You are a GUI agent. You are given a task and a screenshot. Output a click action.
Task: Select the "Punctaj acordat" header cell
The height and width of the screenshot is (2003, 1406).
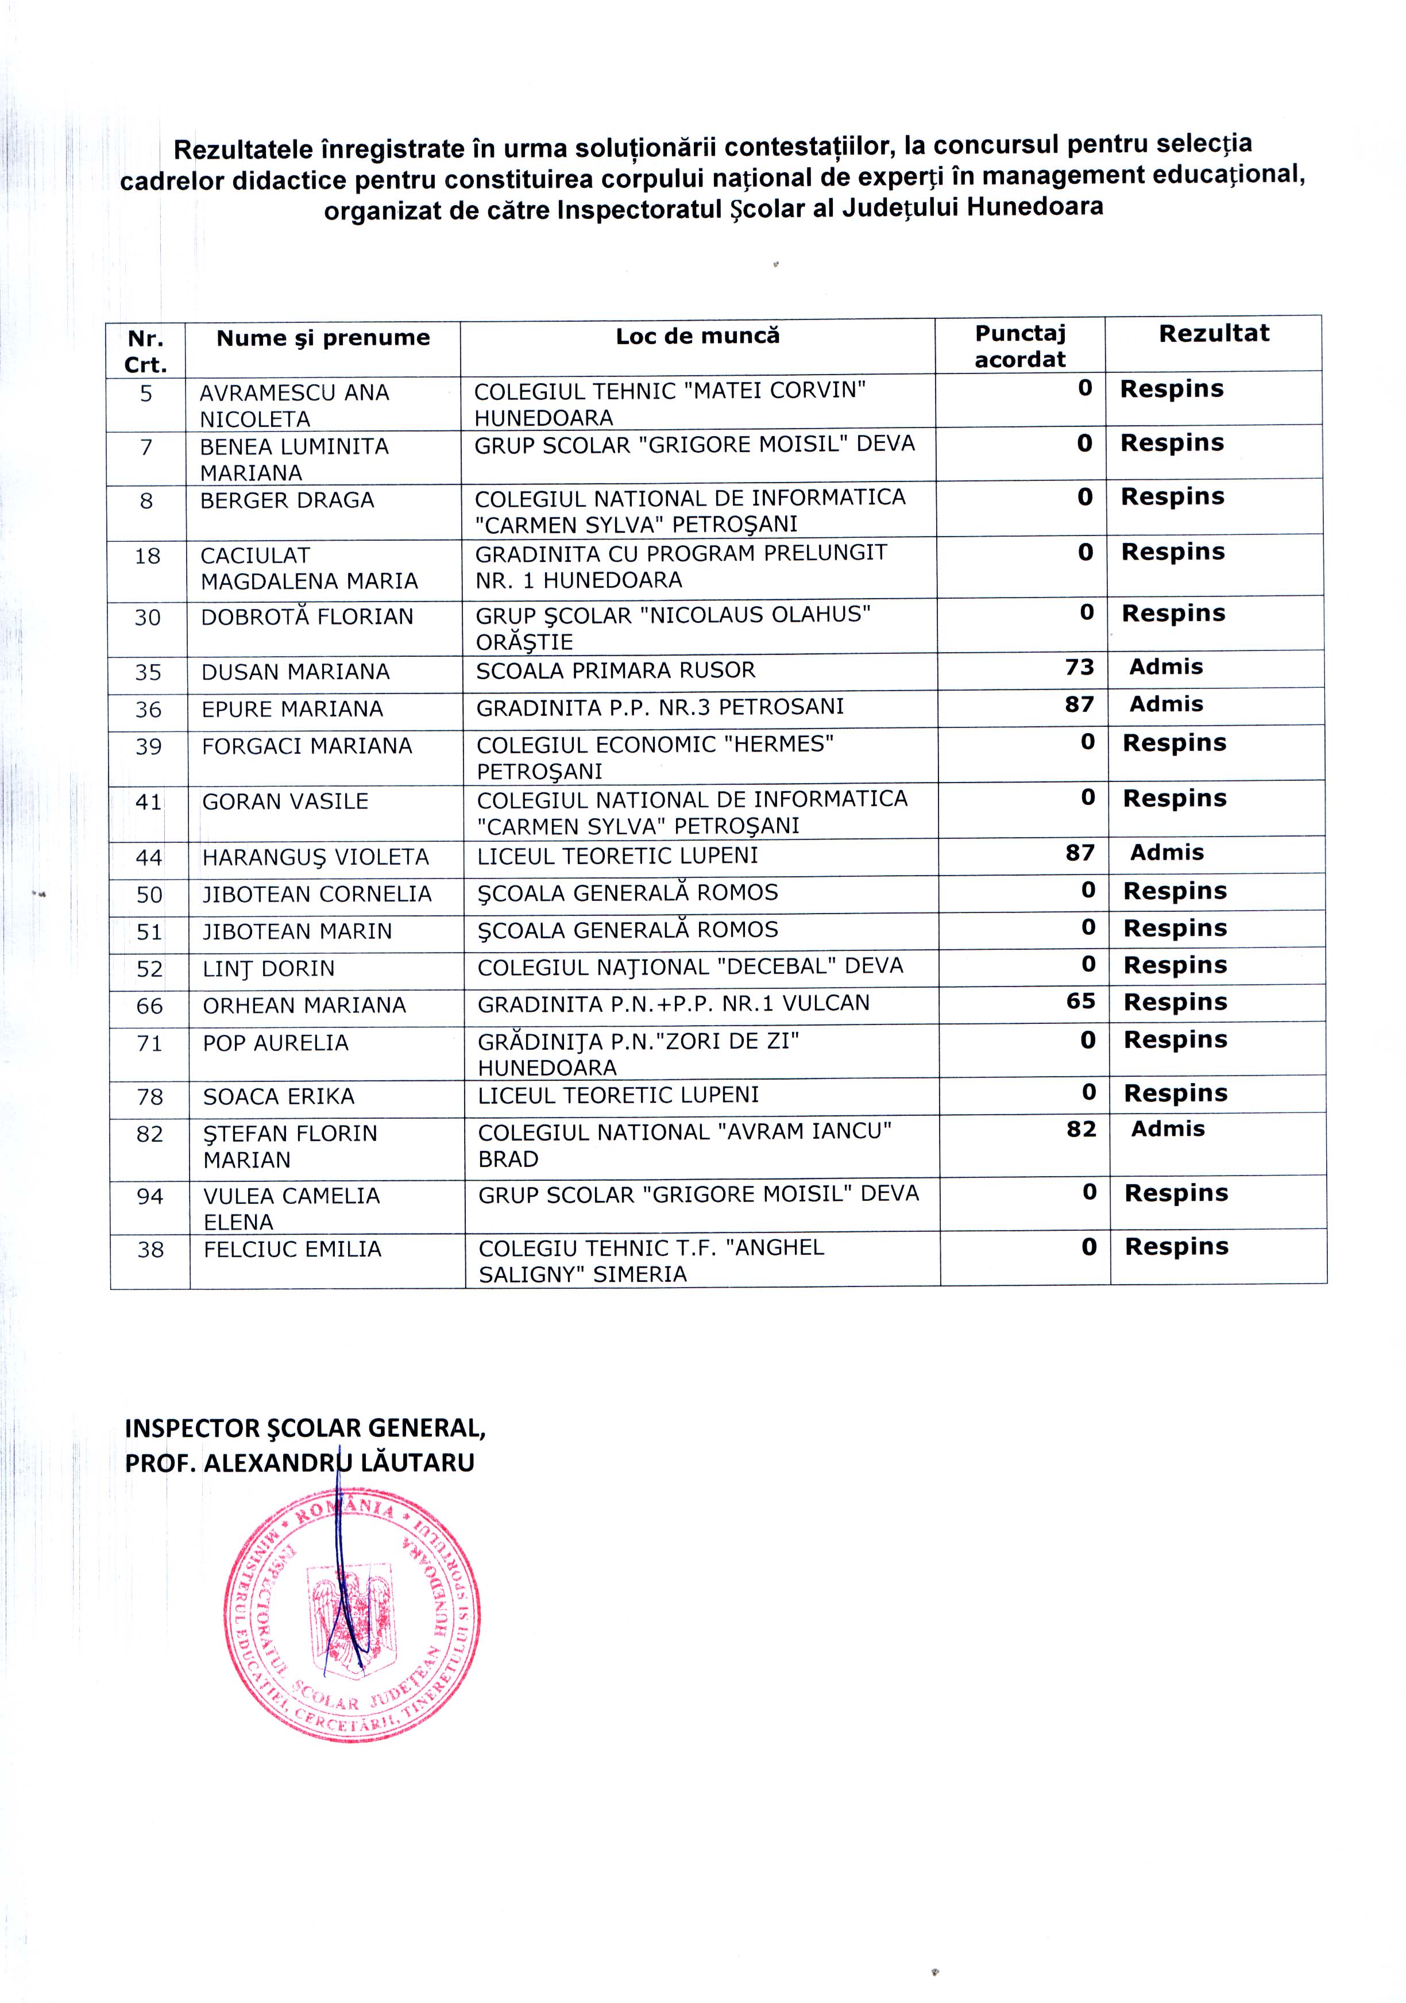[1019, 346]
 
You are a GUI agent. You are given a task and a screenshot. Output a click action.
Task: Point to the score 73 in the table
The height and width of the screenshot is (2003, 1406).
[1079, 667]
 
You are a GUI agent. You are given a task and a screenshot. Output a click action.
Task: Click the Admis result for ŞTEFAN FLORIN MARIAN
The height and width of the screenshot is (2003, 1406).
[1168, 1129]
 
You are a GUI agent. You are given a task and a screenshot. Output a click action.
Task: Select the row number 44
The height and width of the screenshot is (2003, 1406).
[149, 857]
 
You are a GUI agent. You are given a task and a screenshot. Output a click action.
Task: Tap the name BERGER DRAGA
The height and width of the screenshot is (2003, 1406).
[287, 501]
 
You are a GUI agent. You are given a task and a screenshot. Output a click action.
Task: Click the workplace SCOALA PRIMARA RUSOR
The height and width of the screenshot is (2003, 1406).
[616, 671]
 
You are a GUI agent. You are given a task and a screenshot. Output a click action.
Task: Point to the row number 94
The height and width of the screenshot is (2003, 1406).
[150, 1196]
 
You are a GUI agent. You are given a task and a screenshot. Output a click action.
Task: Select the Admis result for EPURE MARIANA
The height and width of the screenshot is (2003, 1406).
[1166, 704]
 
